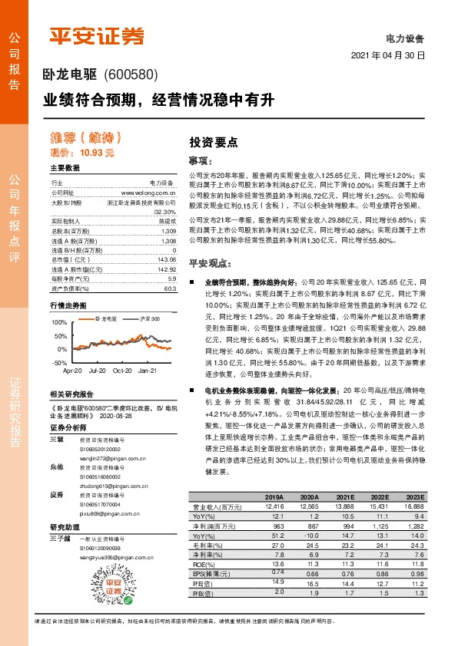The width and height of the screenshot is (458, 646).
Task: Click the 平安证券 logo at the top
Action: (x=96, y=36)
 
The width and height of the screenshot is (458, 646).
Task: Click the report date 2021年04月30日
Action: (x=387, y=57)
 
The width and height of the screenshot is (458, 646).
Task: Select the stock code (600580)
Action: (x=130, y=75)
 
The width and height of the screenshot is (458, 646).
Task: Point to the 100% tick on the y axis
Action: (x=61, y=322)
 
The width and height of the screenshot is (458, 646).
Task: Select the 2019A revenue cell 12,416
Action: (x=274, y=506)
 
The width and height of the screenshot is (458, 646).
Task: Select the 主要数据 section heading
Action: (x=65, y=168)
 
